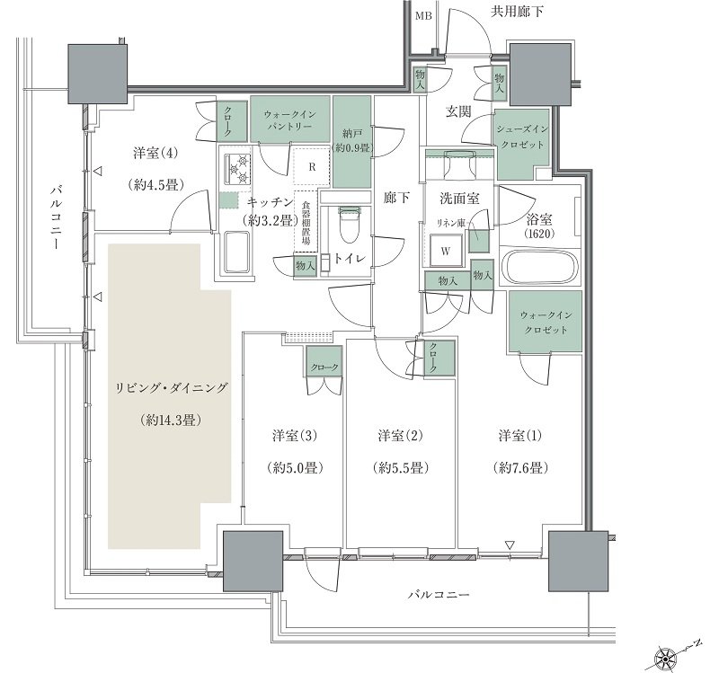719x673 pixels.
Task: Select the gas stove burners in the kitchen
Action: pos(237,168)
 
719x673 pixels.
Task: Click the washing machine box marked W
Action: pos(445,251)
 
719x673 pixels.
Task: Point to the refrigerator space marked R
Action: pos(312,167)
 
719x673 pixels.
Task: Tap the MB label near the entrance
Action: pos(423,16)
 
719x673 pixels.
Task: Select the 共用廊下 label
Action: pos(517,12)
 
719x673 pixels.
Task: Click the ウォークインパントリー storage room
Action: pos(289,120)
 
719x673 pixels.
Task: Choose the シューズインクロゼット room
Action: pos(521,143)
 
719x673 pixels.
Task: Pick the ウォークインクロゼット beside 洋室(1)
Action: pos(545,322)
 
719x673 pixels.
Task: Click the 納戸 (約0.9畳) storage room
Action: pos(351,141)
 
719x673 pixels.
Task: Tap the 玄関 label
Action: pos(459,111)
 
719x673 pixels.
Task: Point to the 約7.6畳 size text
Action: pos(521,468)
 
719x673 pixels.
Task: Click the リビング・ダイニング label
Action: pos(170,388)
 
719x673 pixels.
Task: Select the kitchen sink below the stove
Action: pos(237,252)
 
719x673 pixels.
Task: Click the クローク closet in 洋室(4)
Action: pos(226,121)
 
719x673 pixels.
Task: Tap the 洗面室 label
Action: pos(459,199)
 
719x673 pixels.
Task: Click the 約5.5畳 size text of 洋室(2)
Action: pos(401,468)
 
